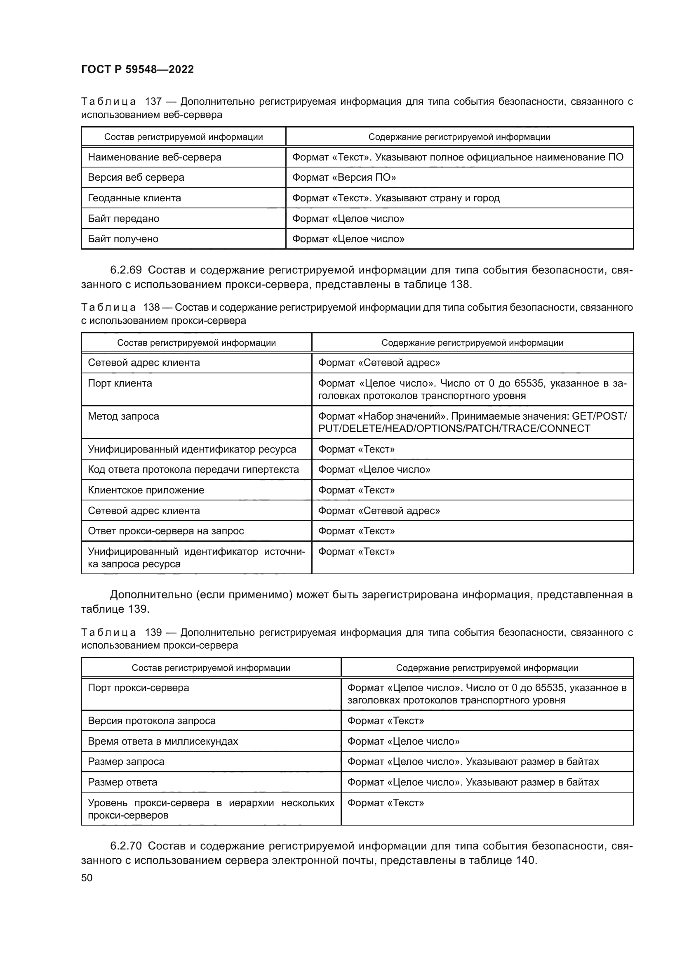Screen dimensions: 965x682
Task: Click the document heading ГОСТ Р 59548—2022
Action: tap(137, 69)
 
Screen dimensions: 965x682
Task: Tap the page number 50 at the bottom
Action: tap(87, 878)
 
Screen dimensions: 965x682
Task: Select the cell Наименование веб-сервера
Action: tap(155, 157)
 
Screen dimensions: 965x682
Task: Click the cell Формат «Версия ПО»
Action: tap(344, 177)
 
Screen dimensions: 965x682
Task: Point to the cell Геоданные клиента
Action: tap(134, 198)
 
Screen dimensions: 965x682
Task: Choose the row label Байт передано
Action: tap(123, 219)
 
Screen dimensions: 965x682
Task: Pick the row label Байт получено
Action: tap(123, 239)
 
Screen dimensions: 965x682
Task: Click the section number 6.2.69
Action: tap(126, 270)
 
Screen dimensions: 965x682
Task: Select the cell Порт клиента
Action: tap(120, 383)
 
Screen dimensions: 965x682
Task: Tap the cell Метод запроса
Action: tap(123, 416)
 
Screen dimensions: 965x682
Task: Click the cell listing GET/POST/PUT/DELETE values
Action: tap(472, 422)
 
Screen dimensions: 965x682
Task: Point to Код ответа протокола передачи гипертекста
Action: tap(193, 470)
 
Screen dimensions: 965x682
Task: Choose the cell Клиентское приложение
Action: tap(146, 490)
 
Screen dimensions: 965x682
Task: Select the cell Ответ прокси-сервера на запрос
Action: tap(165, 531)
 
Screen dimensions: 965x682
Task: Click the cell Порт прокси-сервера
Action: tap(138, 688)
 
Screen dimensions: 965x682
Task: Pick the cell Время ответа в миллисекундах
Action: tap(162, 741)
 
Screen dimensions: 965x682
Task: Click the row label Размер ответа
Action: tap(122, 782)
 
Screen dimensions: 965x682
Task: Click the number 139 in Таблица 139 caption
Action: tap(153, 632)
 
